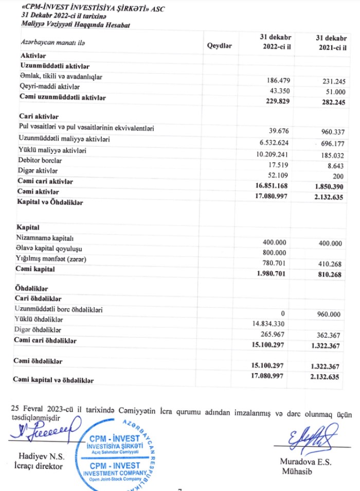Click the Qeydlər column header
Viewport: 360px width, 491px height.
coord(219,45)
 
